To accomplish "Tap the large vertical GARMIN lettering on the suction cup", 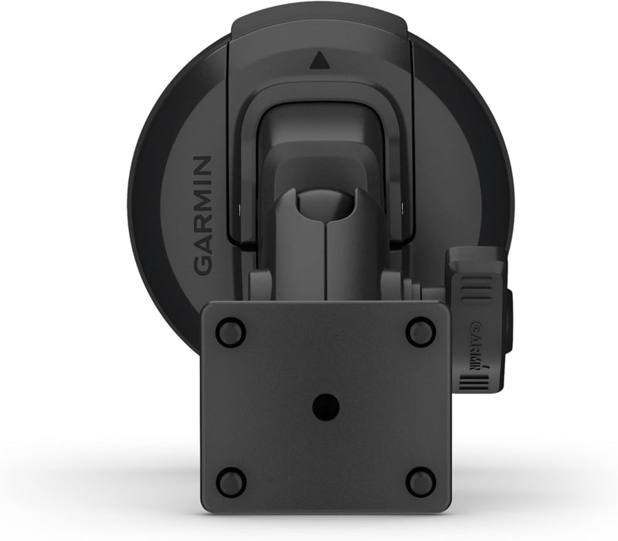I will click(x=200, y=215).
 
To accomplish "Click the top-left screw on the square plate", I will click(x=228, y=332).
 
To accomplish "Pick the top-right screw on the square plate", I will click(x=419, y=332).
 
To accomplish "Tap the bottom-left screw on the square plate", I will click(x=228, y=481).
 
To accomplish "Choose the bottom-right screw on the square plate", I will click(x=419, y=481).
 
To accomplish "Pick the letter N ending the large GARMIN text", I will click(x=200, y=165).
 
